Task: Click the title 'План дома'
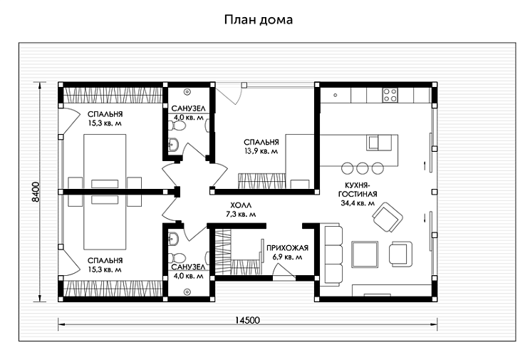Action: tap(259, 20)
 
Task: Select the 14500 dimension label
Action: tap(246, 321)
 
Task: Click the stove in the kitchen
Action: tap(390, 95)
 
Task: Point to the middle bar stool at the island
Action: tap(362, 168)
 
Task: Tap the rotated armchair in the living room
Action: tap(389, 217)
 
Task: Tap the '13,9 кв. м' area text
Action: tap(260, 151)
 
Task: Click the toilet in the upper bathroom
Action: tap(178, 126)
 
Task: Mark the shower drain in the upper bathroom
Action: tap(187, 91)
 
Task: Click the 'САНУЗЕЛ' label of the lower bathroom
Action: tap(188, 267)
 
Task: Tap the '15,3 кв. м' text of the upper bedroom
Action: tap(105, 123)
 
